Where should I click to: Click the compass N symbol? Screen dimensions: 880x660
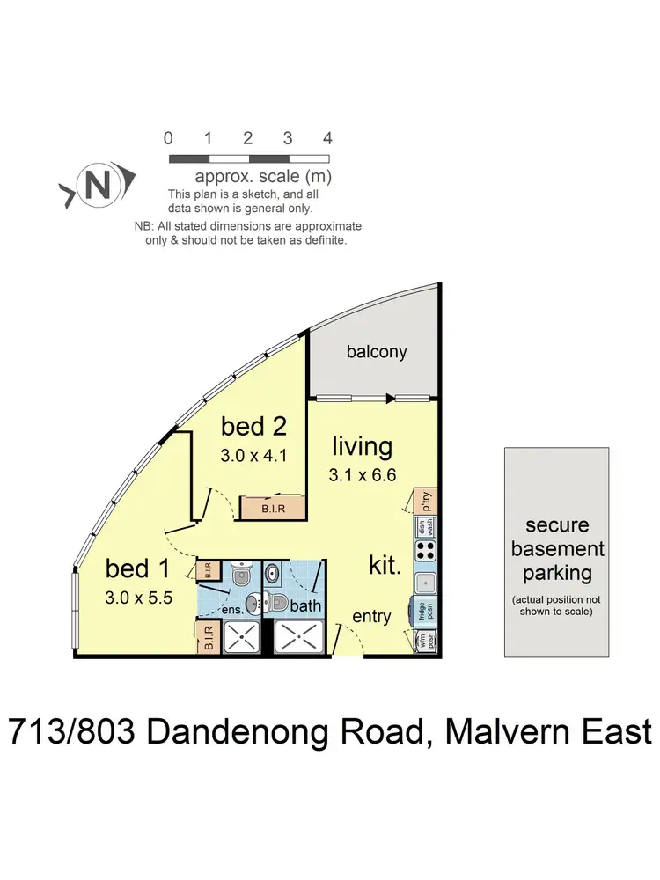99,186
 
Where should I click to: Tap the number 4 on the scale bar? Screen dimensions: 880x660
328,138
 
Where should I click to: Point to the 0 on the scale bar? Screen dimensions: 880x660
168,138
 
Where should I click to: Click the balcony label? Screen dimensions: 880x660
377,352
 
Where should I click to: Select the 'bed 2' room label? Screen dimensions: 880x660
255,428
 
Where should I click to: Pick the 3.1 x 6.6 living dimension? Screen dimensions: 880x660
362,474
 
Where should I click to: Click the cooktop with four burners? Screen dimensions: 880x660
425,551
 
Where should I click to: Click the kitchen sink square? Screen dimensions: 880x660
424,582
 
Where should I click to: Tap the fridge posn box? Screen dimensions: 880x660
424,612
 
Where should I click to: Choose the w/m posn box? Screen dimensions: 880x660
425,642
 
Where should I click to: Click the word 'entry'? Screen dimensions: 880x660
371,616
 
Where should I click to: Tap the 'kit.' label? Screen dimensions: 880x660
385,565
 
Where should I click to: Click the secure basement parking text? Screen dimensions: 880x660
557,550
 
